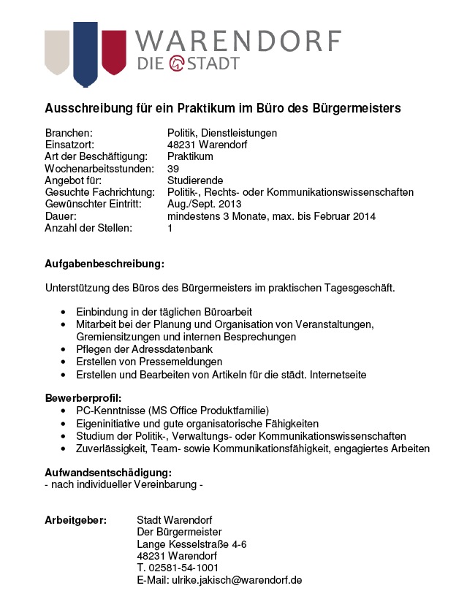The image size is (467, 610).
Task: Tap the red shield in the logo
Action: [x=113, y=51]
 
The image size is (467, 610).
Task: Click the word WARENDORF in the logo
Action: [x=239, y=40]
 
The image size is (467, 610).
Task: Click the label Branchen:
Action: [x=69, y=133]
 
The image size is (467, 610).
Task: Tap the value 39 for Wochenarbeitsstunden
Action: [x=173, y=169]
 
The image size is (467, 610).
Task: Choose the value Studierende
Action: [x=195, y=180]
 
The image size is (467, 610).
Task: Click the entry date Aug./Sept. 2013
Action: [x=204, y=205]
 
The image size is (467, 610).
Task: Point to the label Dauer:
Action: [x=61, y=216]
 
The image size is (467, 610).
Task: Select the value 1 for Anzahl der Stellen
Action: [x=170, y=228]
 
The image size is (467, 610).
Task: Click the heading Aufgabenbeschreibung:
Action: [x=105, y=263]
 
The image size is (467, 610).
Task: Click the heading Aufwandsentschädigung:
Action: [x=108, y=472]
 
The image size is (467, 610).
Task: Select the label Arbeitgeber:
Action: [x=76, y=520]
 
